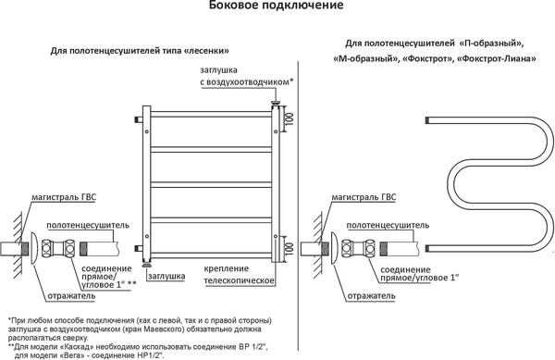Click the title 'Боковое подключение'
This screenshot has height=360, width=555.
(x=277, y=8)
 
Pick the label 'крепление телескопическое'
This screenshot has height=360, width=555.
(x=238, y=274)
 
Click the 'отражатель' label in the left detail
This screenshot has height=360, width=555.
(x=70, y=295)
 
